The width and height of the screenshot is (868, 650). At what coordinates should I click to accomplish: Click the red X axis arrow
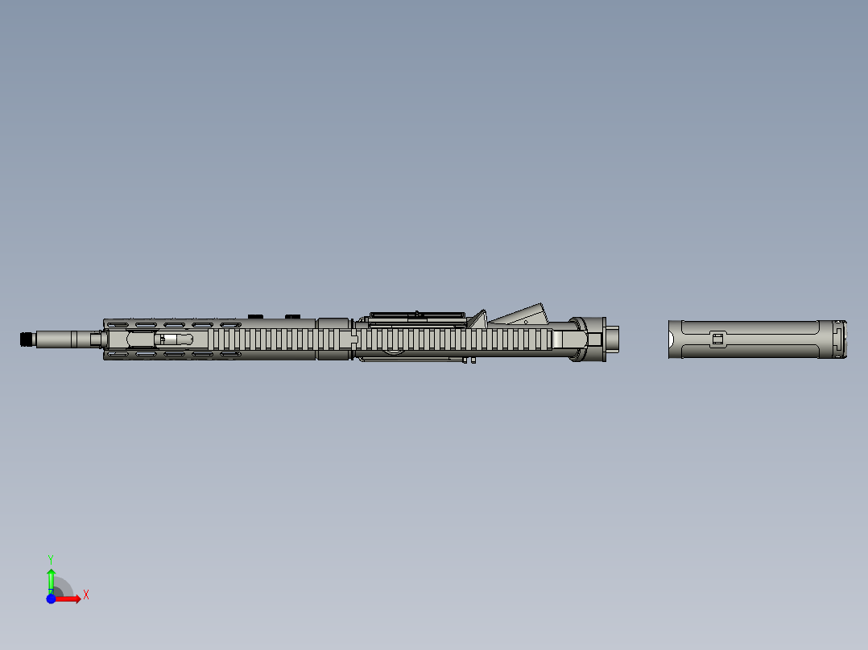pyautogui.click(x=72, y=599)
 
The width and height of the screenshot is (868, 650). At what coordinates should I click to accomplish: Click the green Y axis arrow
pyautogui.click(x=51, y=578)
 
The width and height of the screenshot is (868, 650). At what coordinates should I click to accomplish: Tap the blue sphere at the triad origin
pyautogui.click(x=51, y=599)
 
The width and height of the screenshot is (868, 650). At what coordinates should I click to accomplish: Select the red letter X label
pyautogui.click(x=86, y=595)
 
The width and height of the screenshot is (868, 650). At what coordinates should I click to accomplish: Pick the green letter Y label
pyautogui.click(x=50, y=558)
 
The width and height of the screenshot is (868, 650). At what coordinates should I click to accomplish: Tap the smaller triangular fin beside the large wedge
pyautogui.click(x=479, y=319)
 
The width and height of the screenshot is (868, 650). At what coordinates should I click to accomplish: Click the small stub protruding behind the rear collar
pyautogui.click(x=614, y=339)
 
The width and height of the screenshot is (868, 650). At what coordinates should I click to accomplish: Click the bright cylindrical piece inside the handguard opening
pyautogui.click(x=171, y=339)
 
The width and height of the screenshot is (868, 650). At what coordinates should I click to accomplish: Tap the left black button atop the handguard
pyautogui.click(x=257, y=315)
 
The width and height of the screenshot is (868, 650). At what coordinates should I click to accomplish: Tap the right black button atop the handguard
pyautogui.click(x=293, y=315)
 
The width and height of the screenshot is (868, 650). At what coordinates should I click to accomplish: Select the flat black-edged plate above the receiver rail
pyautogui.click(x=416, y=315)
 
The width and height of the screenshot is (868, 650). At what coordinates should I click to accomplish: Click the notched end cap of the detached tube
pyautogui.click(x=841, y=339)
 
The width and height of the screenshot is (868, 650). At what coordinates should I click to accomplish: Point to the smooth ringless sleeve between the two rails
pyautogui.click(x=333, y=339)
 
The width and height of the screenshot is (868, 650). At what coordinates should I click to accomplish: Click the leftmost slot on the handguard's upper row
pyautogui.click(x=119, y=325)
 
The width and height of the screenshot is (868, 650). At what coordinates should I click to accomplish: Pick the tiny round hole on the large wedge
pyautogui.click(x=526, y=321)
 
